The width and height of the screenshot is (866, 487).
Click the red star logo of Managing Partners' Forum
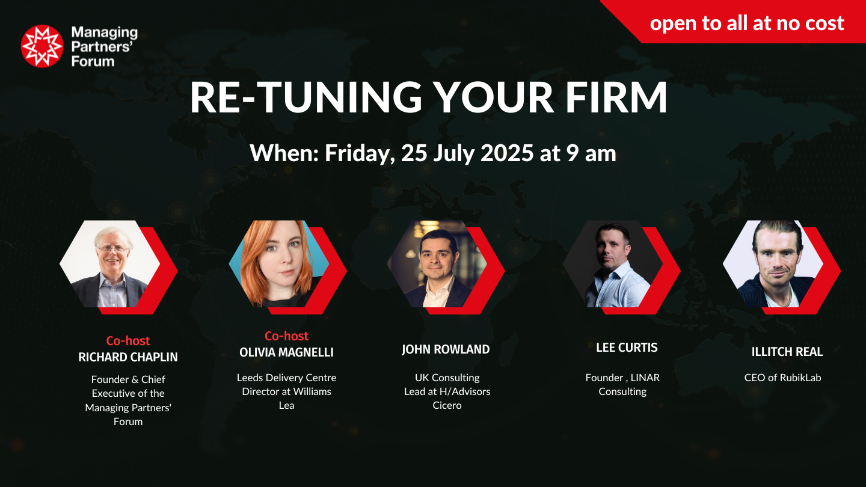tap(41, 46)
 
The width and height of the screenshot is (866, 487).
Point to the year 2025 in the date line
tap(506, 153)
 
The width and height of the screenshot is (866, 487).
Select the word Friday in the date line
tap(360, 154)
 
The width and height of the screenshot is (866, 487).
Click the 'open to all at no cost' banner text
tap(747, 23)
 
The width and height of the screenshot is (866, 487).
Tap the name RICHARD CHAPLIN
tap(128, 357)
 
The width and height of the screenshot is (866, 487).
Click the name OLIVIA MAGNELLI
tap(286, 352)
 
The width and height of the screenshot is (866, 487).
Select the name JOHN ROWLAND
tap(446, 349)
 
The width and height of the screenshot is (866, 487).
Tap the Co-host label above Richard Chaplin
tap(128, 341)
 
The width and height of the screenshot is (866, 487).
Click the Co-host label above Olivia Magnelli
tap(286, 336)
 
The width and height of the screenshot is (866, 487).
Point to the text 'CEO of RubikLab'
tap(783, 378)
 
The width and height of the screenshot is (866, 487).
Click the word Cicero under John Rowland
tap(447, 405)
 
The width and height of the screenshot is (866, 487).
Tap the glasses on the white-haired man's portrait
tap(112, 248)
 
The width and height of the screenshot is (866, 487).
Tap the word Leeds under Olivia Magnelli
tap(250, 378)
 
